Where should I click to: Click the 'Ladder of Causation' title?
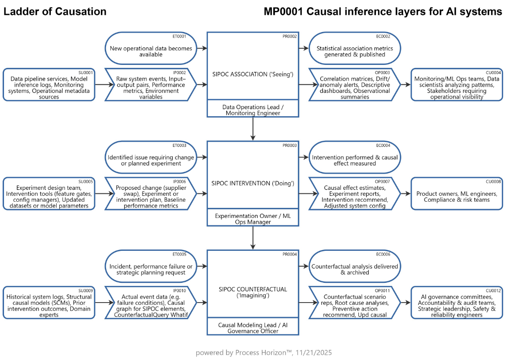[x=55, y=12]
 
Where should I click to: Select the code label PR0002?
[x=290, y=36]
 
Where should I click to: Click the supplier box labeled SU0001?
[x=49, y=85]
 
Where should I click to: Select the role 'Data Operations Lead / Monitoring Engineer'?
[x=253, y=110]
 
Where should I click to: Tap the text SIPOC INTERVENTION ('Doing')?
[x=253, y=182]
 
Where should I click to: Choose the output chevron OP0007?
[x=355, y=193]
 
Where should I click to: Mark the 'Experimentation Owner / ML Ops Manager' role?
[x=253, y=218]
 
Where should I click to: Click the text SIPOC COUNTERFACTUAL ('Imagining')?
[x=253, y=292]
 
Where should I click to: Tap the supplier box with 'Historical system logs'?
[x=49, y=303]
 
